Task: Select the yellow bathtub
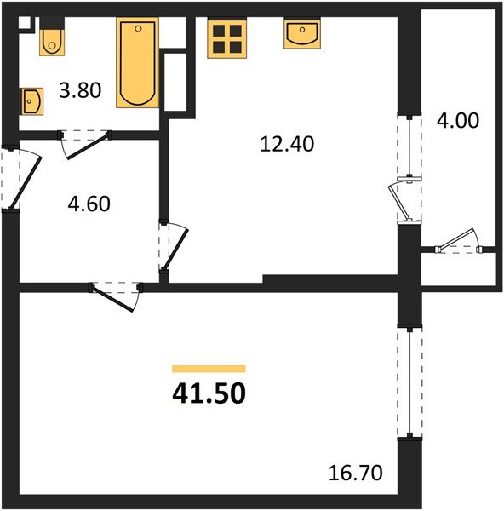pos(138,64)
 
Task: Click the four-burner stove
pos(227,38)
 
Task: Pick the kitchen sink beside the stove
pos(304,34)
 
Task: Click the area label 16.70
pos(352,470)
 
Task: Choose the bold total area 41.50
pos(209,393)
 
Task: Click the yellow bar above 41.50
pos(209,369)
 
